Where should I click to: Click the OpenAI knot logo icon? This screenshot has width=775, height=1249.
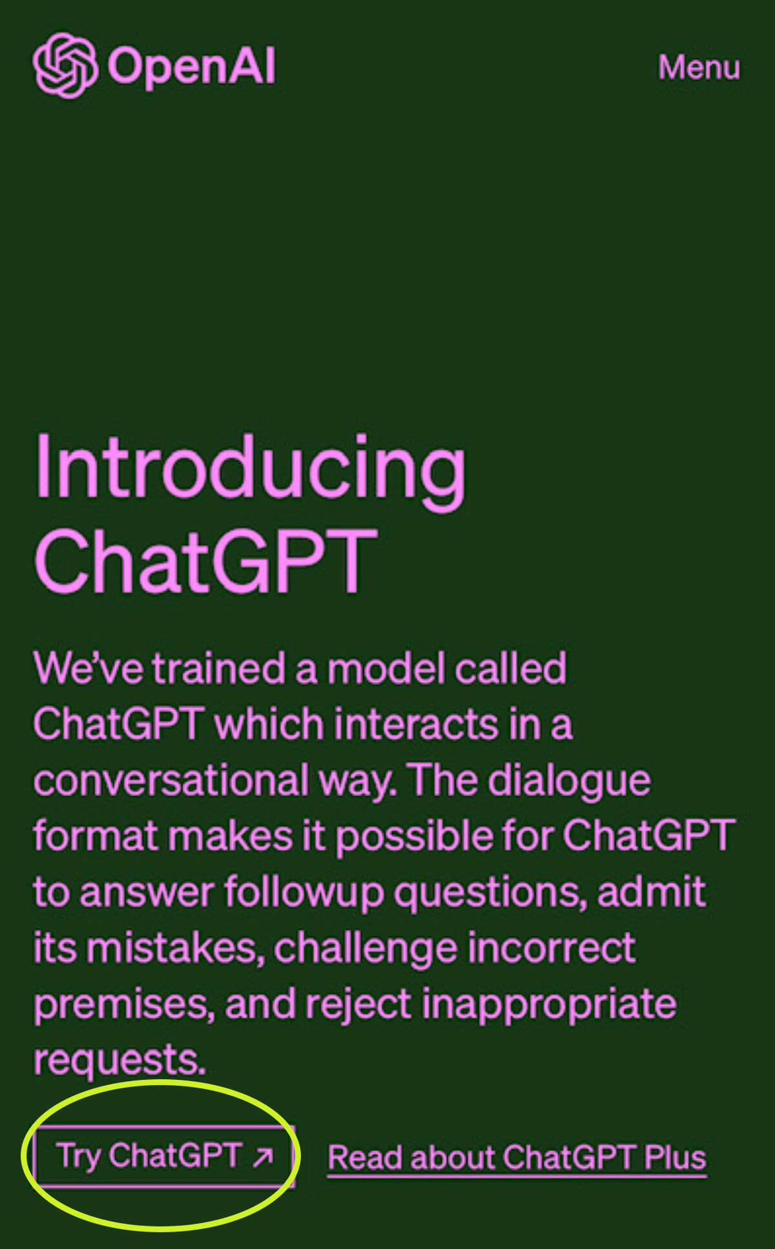tap(65, 65)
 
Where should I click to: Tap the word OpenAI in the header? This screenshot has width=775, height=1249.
tap(192, 66)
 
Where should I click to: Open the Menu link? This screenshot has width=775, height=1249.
tap(699, 67)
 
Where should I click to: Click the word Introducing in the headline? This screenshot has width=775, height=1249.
tap(250, 468)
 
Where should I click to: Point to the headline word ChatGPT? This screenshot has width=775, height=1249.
tap(205, 561)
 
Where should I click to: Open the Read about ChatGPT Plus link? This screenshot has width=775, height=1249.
tap(517, 1157)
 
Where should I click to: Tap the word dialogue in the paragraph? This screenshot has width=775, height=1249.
tap(569, 781)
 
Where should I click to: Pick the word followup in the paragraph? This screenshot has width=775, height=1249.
tap(304, 893)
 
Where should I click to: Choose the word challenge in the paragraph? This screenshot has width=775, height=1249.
tap(366, 949)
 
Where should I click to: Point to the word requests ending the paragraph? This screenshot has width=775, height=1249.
tap(119, 1060)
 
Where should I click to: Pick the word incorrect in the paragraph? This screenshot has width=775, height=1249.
tap(552, 948)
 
